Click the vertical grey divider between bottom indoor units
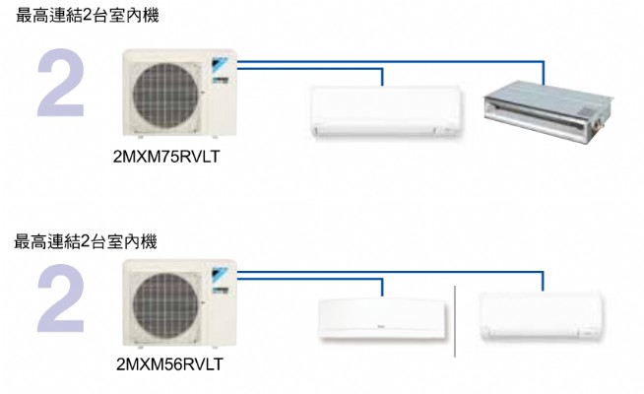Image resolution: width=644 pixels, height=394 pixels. coord(454,320)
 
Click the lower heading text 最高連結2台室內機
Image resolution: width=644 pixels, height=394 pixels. coord(87,240)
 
